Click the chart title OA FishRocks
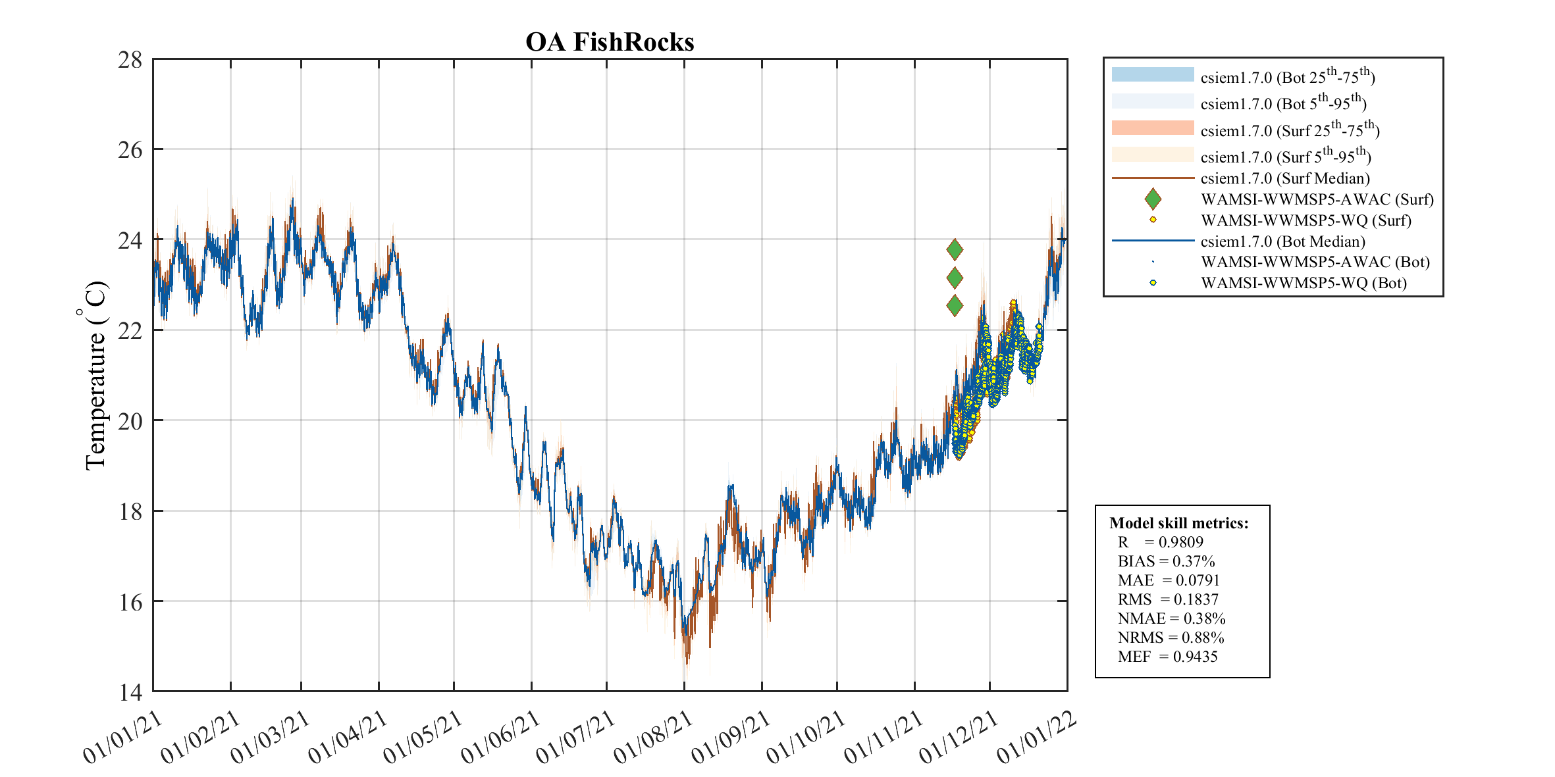[x=610, y=42]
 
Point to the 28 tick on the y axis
[x=130, y=60]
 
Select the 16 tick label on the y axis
[x=130, y=602]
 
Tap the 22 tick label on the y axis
[x=130, y=331]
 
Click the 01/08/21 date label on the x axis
[x=653, y=738]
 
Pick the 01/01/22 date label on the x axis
[x=1036, y=738]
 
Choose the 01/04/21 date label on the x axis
[x=348, y=738]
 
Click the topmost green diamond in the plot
[x=955, y=249]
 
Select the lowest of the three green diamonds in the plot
[x=955, y=305]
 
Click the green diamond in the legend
[x=1153, y=199]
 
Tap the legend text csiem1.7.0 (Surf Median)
[x=1285, y=178]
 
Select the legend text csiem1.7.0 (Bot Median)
[x=1282, y=241]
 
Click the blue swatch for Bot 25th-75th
[x=1153, y=74]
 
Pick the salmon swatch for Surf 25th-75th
[x=1153, y=128]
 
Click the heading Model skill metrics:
[x=1178, y=523]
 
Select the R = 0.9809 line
[x=1160, y=542]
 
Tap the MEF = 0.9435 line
[x=1167, y=657]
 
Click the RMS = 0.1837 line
[x=1168, y=599]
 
